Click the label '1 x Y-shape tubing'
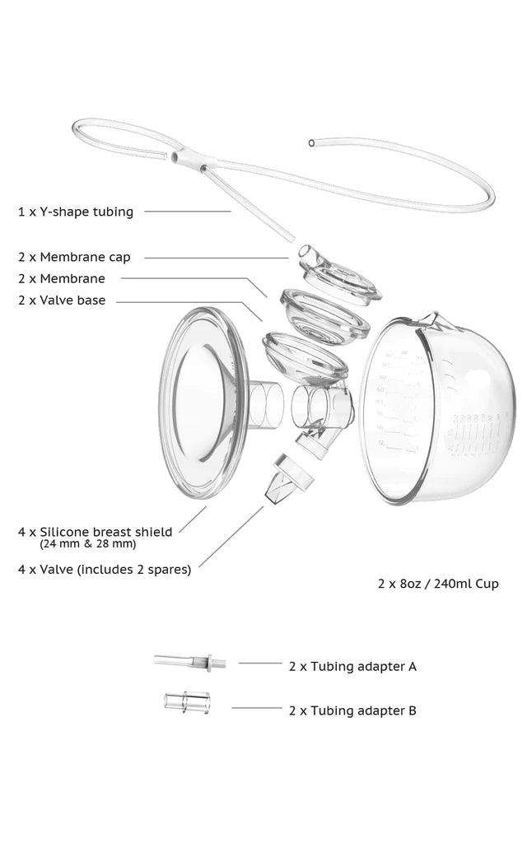coord(76,212)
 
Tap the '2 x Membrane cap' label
coord(74,257)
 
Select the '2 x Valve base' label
coord(62,300)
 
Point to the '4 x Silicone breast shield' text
coord(95,532)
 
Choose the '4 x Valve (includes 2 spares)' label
coord(105,569)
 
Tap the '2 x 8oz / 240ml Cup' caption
coord(437,584)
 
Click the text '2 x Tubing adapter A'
coord(352,665)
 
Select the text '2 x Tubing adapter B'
coord(352,710)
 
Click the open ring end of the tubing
coord(310,142)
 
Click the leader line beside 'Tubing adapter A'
coord(259,662)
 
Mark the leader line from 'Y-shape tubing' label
coord(188,211)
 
